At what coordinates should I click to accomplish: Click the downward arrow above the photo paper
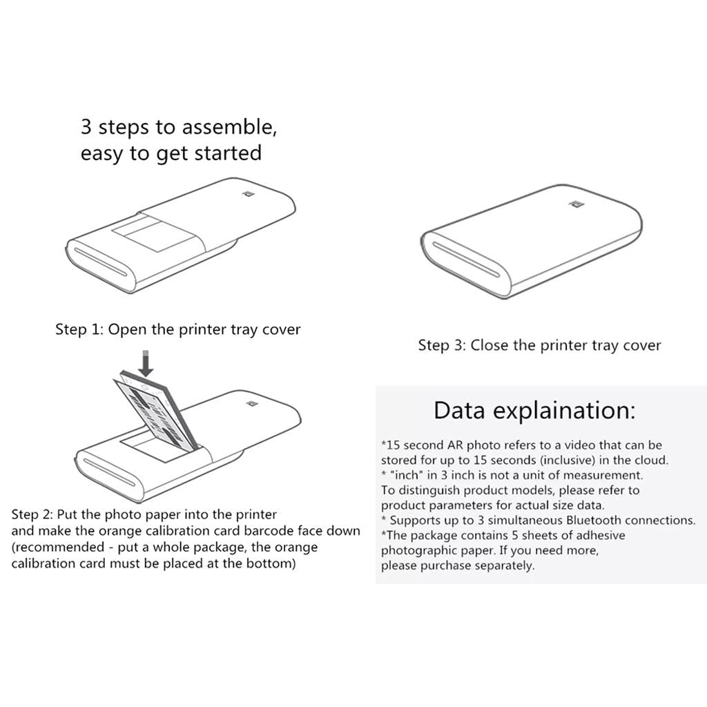pos(145,363)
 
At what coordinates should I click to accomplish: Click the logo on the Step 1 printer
pos(248,194)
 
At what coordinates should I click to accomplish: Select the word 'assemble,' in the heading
pos(229,127)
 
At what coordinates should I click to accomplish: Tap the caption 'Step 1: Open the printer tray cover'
pos(177,329)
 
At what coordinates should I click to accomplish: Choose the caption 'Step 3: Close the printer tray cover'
pos(539,345)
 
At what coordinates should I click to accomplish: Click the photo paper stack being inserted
pos(155,410)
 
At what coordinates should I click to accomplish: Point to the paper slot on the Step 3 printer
pos(466,260)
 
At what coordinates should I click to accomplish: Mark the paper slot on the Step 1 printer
pos(101,262)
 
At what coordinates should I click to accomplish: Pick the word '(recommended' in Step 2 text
pos(58,548)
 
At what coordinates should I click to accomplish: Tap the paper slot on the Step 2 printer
pos(109,472)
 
